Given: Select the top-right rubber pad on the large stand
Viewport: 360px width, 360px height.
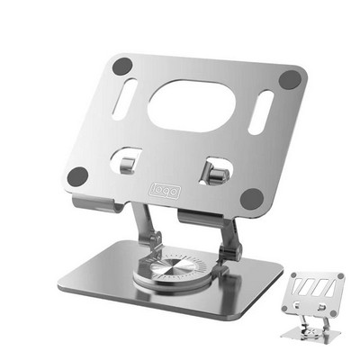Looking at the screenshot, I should [x=288, y=78].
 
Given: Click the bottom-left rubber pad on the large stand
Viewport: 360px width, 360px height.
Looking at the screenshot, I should [x=78, y=175].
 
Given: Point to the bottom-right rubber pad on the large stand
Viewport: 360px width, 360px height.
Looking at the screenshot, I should [x=253, y=196].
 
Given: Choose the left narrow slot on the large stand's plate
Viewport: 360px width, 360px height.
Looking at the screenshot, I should [x=125, y=99].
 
